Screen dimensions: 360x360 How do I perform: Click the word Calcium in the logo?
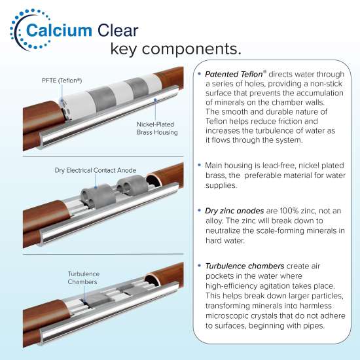59,30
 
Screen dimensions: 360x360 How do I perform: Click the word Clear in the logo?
118,30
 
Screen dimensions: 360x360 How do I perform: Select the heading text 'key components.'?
175,49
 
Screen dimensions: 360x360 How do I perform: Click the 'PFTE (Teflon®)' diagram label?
62,81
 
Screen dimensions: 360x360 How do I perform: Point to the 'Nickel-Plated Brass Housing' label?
157,128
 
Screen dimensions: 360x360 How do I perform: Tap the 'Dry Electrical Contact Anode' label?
96,170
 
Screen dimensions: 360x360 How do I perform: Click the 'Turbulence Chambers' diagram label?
84,278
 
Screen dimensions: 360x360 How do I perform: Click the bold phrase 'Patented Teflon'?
234,74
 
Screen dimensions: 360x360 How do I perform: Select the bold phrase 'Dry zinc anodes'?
234,211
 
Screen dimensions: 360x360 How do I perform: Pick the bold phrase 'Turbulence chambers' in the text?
245,266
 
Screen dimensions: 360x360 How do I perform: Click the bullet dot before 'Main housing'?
200,165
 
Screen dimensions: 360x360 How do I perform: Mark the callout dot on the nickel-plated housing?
155,99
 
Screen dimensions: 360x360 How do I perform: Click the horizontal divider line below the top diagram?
103,156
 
